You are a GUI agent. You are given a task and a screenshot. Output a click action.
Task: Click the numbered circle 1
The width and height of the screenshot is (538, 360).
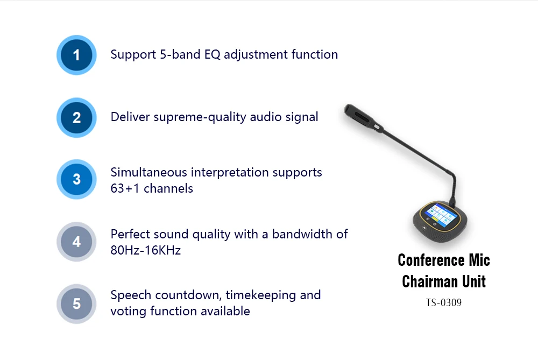76,55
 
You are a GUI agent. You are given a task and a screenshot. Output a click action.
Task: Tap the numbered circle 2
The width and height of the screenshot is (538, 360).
76,117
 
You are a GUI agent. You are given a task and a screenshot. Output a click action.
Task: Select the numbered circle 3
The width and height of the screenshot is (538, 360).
76,179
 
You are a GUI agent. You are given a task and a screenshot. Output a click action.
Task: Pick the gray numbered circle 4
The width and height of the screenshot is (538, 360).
76,242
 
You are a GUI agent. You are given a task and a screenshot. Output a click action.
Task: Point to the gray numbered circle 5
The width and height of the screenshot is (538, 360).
76,303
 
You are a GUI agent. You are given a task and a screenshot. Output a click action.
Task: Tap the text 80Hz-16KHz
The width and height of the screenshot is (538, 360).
145,250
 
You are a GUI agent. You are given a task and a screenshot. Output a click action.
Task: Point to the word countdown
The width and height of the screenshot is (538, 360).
188,295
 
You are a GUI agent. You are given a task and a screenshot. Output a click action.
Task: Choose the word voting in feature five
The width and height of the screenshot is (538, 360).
128,311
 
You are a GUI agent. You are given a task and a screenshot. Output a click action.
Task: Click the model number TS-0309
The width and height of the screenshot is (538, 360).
444,302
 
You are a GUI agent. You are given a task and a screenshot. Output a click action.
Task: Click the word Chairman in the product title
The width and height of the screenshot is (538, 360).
428,281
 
